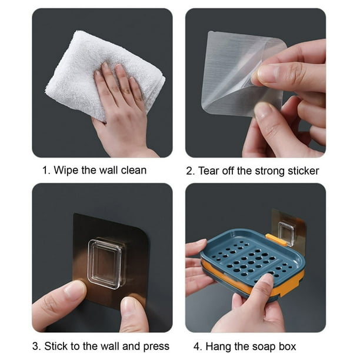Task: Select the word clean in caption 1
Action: (x=134, y=171)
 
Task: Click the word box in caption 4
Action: (x=287, y=346)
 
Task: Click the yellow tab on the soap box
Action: (x=276, y=239)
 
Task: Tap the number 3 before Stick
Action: (x=36, y=346)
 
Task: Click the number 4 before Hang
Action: (x=196, y=346)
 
